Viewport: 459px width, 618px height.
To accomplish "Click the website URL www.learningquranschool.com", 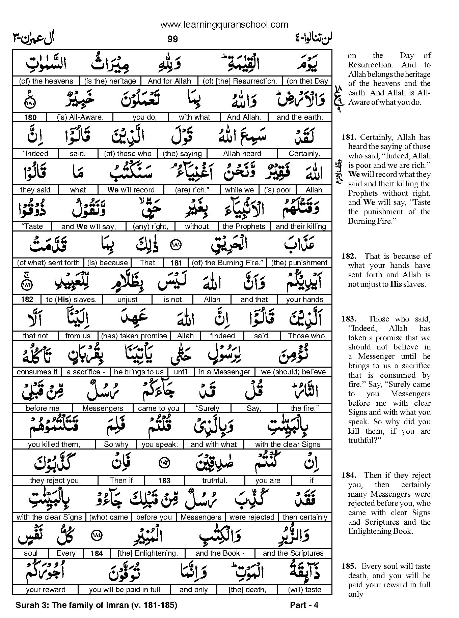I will coord(224,24).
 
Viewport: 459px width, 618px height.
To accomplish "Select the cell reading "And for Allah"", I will coord(169,81).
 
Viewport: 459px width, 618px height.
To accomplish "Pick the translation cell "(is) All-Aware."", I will coord(80,117).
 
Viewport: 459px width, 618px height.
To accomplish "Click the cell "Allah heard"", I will coord(242,154).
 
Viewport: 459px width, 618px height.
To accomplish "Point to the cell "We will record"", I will coord(131,190).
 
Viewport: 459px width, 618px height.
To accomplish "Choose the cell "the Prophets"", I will coord(244,226).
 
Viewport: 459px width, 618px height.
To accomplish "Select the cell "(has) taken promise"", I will coord(134,336).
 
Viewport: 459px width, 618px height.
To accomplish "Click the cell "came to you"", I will coord(159,408).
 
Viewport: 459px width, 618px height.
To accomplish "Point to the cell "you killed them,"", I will coord(54,444).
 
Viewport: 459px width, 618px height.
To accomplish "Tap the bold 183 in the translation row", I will coord(164,481).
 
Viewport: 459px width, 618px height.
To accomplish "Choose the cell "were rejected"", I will coord(252,517).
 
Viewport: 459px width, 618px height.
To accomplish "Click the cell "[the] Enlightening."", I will coord(148,553).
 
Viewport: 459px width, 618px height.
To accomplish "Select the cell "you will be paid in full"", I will coord(125,590).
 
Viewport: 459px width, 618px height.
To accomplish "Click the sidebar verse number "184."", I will coord(349,475).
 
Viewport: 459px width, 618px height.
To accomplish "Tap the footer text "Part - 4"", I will coord(304,605).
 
